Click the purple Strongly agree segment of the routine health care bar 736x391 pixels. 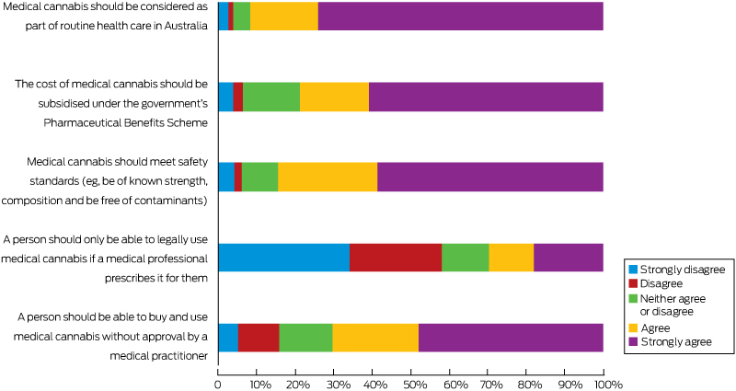(460, 17)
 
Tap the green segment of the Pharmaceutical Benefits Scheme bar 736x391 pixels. (271, 97)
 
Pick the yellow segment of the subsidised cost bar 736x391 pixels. (334, 97)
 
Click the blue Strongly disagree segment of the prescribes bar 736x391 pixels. (283, 258)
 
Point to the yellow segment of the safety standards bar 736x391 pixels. (328, 177)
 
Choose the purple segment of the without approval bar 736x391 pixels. (511, 338)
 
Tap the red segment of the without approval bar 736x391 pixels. (259, 338)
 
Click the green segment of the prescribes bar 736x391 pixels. (465, 258)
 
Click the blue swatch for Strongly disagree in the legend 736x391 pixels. (632, 270)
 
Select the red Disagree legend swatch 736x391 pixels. (632, 283)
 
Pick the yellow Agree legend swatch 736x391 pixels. (632, 328)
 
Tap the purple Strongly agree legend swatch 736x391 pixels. (632, 342)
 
